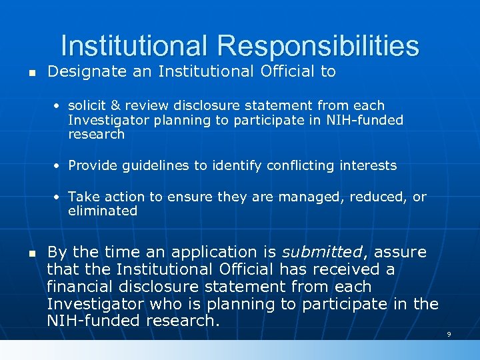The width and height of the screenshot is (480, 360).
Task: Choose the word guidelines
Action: click(154, 165)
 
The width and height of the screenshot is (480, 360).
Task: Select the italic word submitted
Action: click(321, 253)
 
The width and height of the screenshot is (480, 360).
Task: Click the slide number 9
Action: click(449, 334)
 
